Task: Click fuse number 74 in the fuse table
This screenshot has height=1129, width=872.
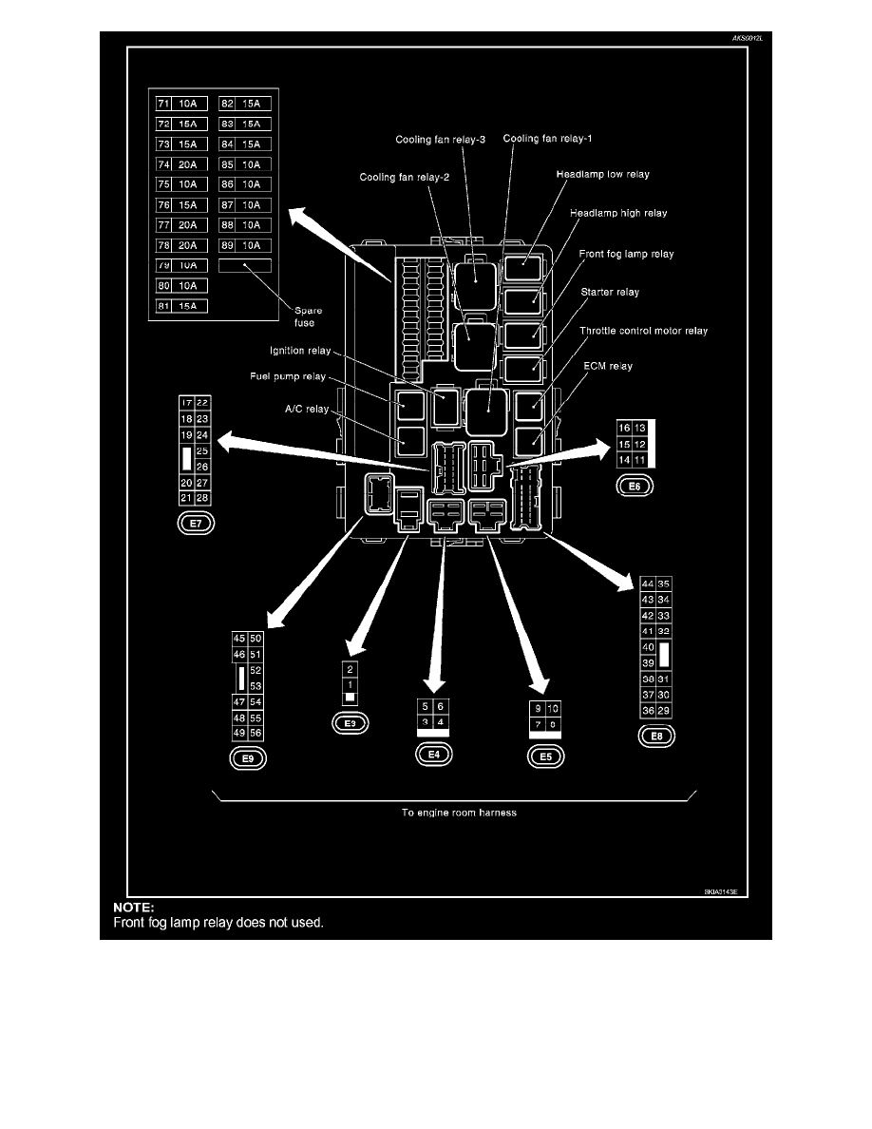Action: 163,163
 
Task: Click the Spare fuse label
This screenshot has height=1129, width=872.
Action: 303,316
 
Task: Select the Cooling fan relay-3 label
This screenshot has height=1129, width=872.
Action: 440,140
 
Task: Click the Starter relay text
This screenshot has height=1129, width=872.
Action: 609,292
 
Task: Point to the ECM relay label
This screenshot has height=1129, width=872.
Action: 606,366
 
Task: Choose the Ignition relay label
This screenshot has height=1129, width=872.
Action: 299,352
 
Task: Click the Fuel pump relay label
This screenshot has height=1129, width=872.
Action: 287,375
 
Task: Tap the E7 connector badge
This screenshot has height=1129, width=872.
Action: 196,522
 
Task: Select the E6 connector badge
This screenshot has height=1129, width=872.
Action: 635,487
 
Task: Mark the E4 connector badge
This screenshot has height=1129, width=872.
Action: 434,754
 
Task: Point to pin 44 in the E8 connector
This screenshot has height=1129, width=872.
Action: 648,584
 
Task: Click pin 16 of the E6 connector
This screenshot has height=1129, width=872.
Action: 624,428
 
